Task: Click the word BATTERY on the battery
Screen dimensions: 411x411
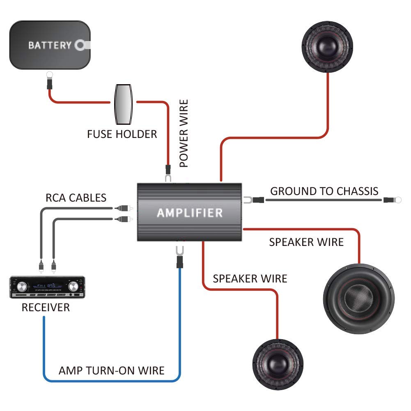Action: point(50,45)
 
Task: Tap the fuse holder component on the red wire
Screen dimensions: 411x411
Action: point(123,104)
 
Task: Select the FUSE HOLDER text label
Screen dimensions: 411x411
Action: point(122,134)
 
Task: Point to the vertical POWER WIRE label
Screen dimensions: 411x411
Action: point(184,133)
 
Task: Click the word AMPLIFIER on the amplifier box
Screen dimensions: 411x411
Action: point(190,213)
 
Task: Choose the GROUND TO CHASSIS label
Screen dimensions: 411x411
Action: point(324,191)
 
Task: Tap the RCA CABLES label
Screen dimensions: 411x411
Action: point(76,198)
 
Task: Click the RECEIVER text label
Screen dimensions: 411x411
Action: point(46,307)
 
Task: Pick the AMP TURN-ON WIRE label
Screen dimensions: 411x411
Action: point(111,370)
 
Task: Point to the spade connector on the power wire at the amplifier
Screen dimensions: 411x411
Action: point(168,177)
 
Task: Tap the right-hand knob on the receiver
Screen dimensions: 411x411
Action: point(73,286)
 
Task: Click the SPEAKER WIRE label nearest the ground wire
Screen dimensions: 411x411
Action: point(306,242)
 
